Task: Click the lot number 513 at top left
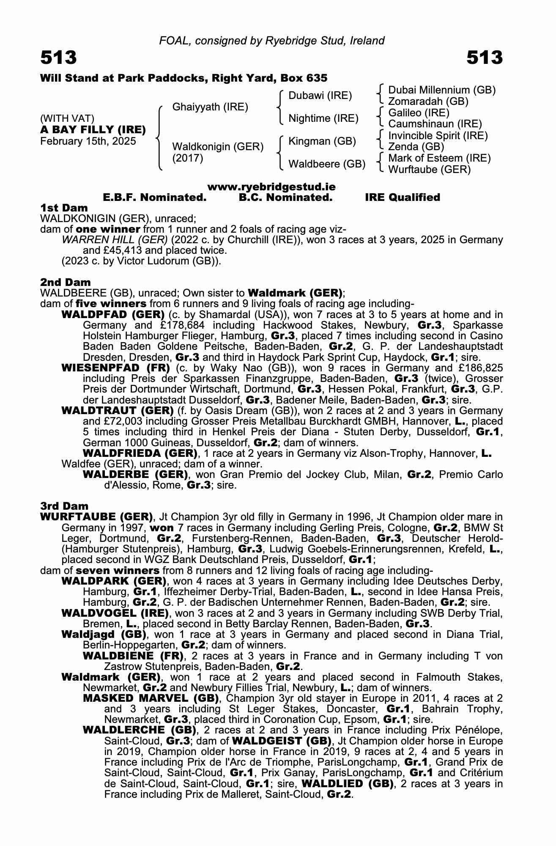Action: point(59,58)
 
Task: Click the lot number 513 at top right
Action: point(485,58)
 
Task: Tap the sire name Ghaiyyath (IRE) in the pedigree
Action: point(210,107)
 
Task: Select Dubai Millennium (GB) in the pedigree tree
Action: point(442,90)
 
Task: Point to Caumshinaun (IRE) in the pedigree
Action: point(435,124)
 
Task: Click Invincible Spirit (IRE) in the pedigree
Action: point(438,136)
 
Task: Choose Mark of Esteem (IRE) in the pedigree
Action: point(439,158)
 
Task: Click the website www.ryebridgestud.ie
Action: point(271,187)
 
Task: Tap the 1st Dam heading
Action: point(64,208)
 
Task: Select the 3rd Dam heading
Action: point(64,506)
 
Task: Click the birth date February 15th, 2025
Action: point(88,141)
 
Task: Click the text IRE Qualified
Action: point(403,198)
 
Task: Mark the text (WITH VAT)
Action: point(67,118)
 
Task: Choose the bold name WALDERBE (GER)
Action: point(135,474)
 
